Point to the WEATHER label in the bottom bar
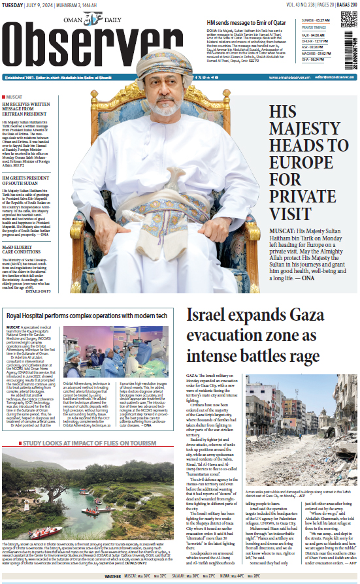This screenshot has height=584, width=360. (x=113, y=577)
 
